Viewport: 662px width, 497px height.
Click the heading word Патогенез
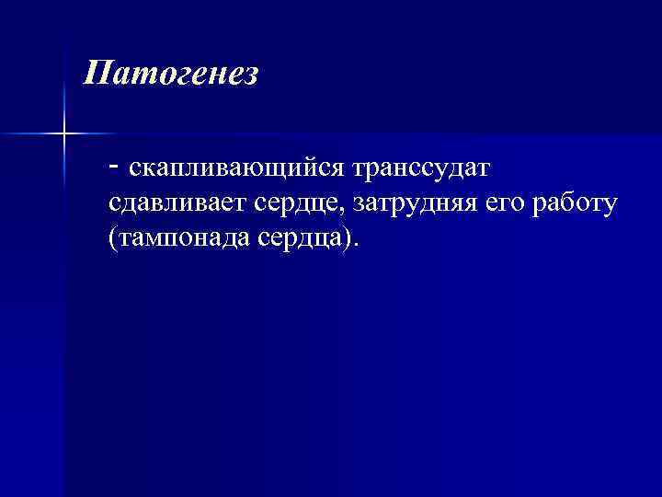(170, 74)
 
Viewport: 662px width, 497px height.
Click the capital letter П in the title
(94, 74)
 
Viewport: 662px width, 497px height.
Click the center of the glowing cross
(63, 134)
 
